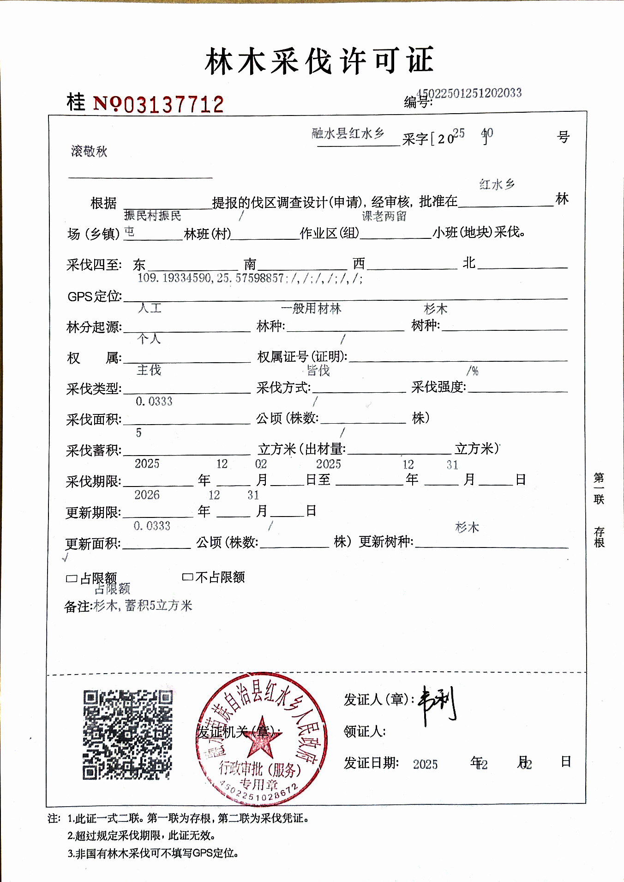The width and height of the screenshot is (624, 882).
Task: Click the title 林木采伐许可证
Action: click(319, 61)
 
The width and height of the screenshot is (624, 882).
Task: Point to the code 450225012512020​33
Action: click(469, 93)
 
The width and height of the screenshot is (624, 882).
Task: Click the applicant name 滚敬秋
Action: click(89, 151)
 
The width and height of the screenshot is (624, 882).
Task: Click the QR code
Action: click(128, 735)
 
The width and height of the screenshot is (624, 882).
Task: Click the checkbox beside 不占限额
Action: click(187, 577)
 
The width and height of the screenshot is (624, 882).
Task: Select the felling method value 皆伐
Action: click(318, 370)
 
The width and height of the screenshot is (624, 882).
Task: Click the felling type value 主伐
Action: click(149, 370)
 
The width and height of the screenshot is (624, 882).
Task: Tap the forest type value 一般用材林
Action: click(311, 308)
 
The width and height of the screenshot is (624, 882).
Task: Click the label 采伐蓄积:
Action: click(94, 450)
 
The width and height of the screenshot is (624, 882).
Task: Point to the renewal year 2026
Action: click(147, 495)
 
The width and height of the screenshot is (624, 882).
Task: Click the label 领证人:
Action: click(365, 731)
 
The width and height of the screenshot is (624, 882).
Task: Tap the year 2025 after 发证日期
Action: click(425, 764)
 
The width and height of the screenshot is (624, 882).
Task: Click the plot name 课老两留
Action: click(384, 216)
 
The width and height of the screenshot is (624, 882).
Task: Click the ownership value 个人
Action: click(149, 339)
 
